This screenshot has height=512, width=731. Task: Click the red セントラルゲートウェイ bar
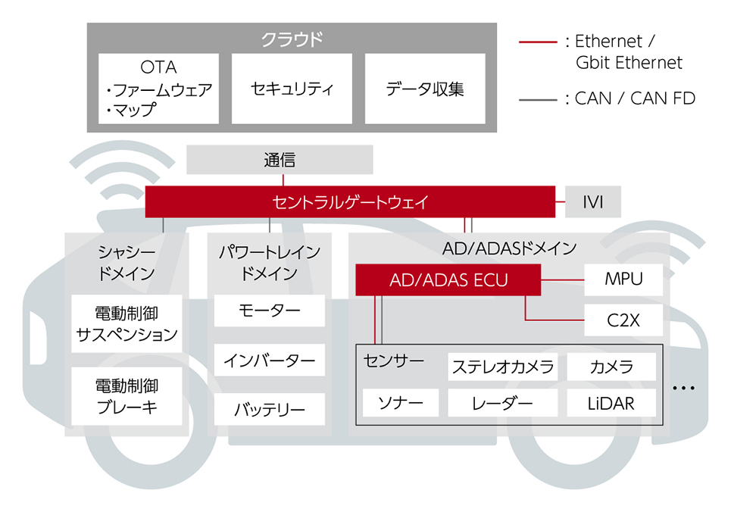350,202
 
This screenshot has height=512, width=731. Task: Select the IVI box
592,202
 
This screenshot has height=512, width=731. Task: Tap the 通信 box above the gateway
280,160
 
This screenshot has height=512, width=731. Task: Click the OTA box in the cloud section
158,89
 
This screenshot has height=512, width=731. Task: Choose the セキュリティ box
292,89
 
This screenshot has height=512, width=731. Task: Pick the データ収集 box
425,89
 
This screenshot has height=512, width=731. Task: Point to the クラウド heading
292,39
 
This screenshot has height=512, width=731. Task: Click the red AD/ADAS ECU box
448,279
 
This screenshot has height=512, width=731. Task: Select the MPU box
623,279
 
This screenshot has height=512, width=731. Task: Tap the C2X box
623,320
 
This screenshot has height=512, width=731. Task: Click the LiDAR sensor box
611,404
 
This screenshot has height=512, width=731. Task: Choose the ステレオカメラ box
502,367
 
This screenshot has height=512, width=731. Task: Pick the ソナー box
401,403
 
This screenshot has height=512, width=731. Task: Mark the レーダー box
502,404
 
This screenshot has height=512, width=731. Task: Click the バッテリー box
270,409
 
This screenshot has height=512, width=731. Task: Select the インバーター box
270,360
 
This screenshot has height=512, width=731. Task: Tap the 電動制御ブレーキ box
127,396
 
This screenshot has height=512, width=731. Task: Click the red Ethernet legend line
538,42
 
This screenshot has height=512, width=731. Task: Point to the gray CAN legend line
538,100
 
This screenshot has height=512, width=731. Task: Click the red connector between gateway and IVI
560,202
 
